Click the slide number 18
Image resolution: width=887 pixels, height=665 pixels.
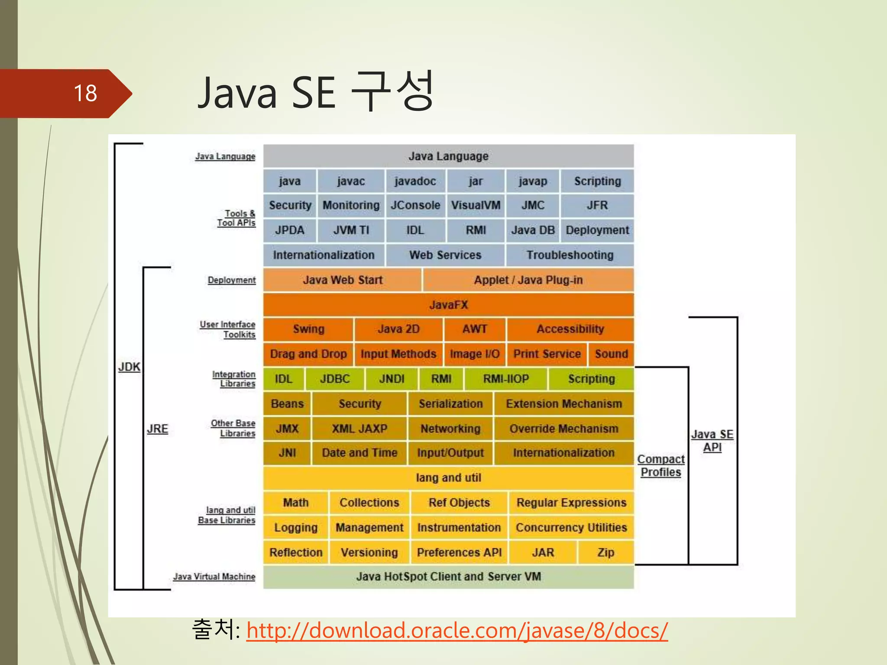click(x=85, y=93)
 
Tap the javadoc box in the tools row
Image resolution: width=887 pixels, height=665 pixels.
click(x=415, y=181)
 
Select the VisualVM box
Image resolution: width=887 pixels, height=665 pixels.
click(x=476, y=205)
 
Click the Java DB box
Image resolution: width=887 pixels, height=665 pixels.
click(x=533, y=230)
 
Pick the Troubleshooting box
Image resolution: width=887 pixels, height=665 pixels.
click(x=570, y=255)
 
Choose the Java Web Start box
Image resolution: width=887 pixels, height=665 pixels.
click(x=342, y=280)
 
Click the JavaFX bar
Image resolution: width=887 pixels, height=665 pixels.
click(x=448, y=305)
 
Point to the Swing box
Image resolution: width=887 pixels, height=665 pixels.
click(x=308, y=329)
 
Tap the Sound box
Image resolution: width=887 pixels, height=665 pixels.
click(x=611, y=354)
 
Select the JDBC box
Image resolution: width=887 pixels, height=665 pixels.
click(x=335, y=379)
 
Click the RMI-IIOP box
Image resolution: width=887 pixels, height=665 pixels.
click(x=506, y=379)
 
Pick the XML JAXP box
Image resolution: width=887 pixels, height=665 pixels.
click(x=359, y=429)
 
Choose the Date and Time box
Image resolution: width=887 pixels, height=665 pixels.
click(x=359, y=453)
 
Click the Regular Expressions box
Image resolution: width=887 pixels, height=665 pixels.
click(x=571, y=503)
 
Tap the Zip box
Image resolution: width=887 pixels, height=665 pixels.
click(x=605, y=552)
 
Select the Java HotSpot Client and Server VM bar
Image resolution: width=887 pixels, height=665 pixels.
click(x=448, y=577)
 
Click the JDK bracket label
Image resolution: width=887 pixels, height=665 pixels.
click(x=129, y=367)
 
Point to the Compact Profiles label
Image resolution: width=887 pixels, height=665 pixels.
click(x=660, y=466)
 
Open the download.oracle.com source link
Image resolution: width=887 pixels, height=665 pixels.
click(x=457, y=630)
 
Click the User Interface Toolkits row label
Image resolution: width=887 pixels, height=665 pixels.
click(x=228, y=329)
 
